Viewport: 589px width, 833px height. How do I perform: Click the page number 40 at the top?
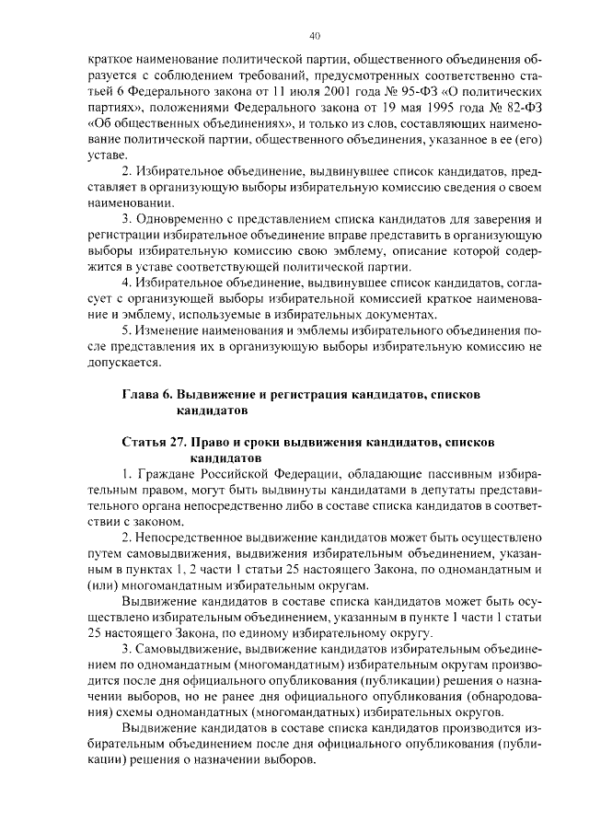click(314, 36)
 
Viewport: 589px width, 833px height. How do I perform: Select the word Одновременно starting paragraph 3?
click(180, 219)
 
